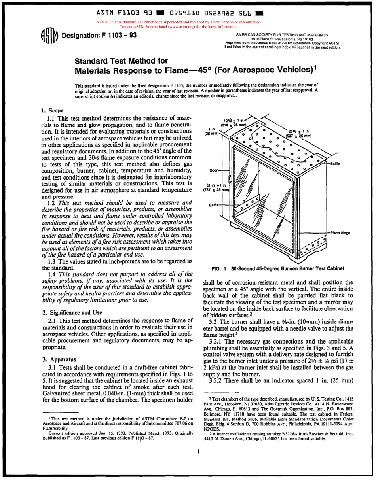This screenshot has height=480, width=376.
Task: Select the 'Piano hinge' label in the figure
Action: pos(338,233)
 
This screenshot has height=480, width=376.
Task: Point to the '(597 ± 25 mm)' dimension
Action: pos(299,136)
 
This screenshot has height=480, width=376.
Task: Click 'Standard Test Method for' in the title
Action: pos(122,61)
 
